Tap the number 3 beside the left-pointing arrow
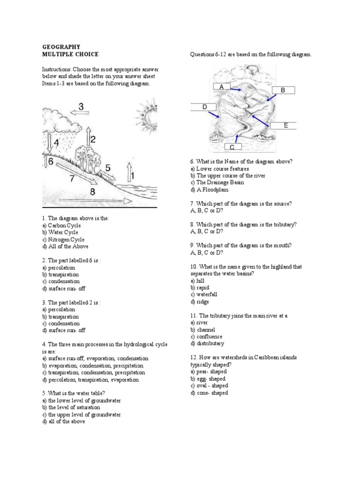click(81, 107)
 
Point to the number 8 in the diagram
click(92, 191)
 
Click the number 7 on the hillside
click(72, 179)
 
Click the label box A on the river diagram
click(222, 87)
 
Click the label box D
click(204, 107)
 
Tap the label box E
click(285, 125)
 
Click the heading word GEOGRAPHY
click(61, 47)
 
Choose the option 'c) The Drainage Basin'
click(217, 182)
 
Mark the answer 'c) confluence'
click(206, 337)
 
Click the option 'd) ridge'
click(200, 301)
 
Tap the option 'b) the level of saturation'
click(71, 407)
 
